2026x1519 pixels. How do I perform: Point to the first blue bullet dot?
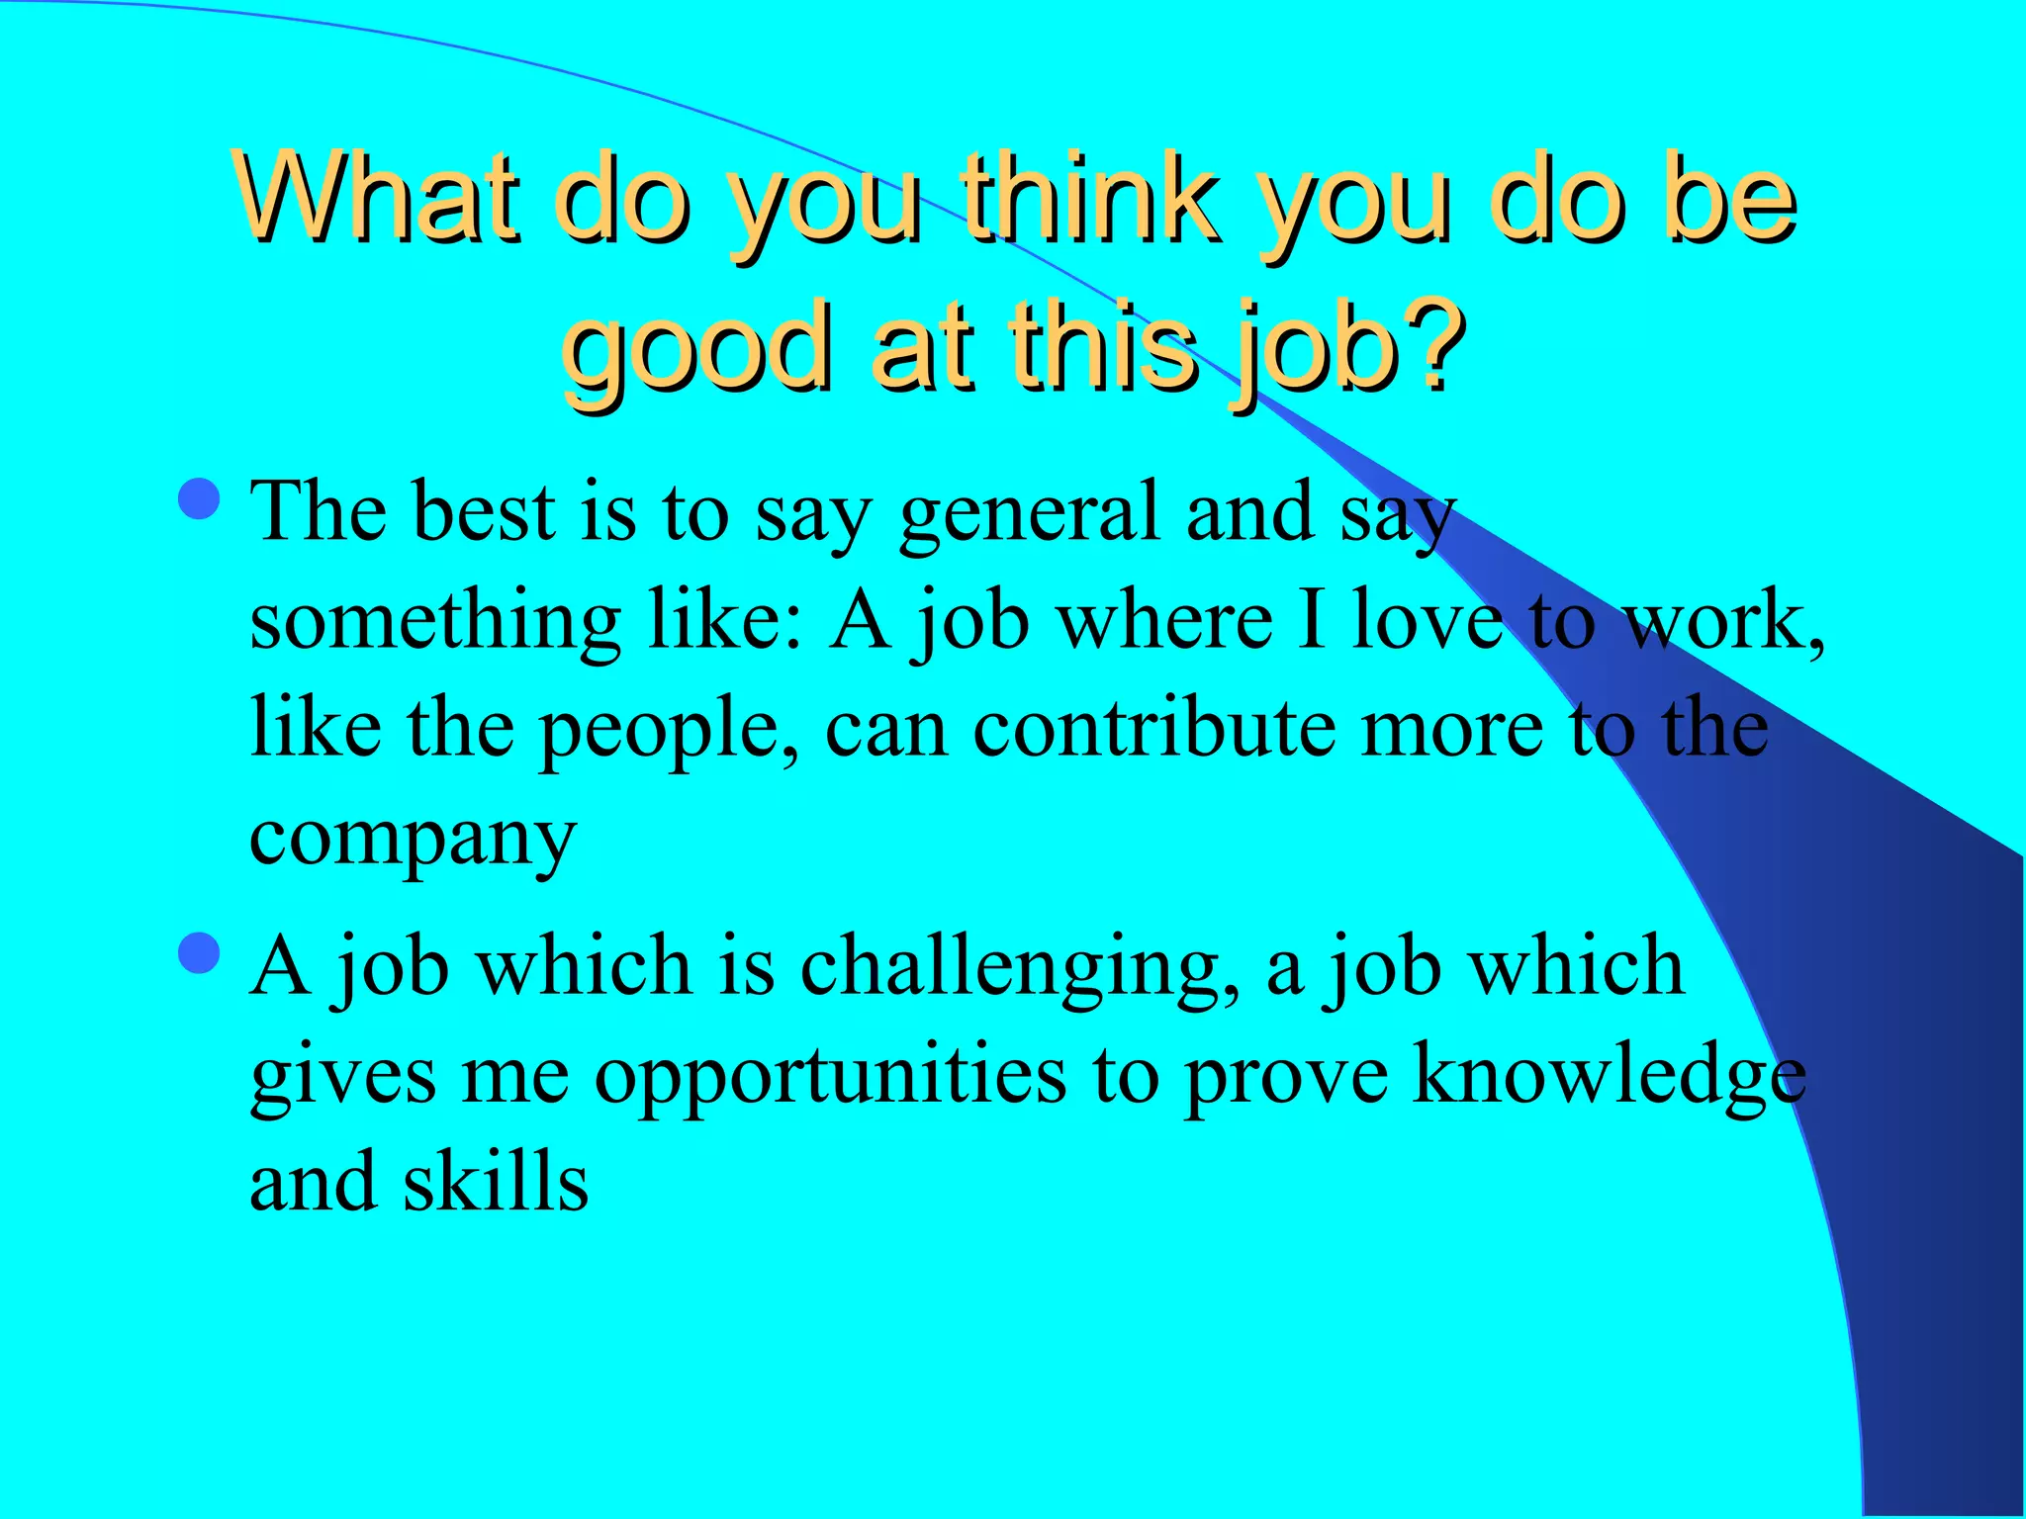(x=200, y=499)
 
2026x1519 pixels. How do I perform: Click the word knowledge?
(x=1609, y=1075)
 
